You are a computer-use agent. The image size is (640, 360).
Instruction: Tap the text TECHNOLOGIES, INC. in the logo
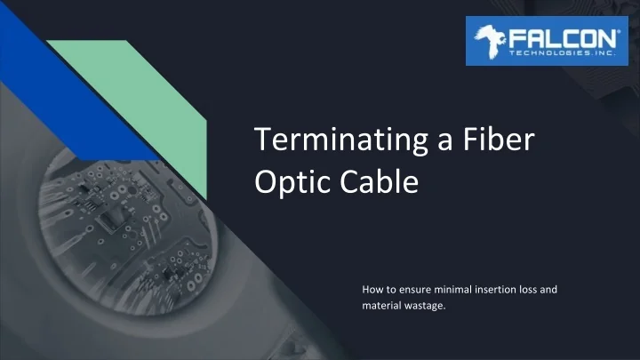click(x=562, y=52)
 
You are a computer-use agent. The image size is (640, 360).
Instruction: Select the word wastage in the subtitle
click(x=423, y=306)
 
